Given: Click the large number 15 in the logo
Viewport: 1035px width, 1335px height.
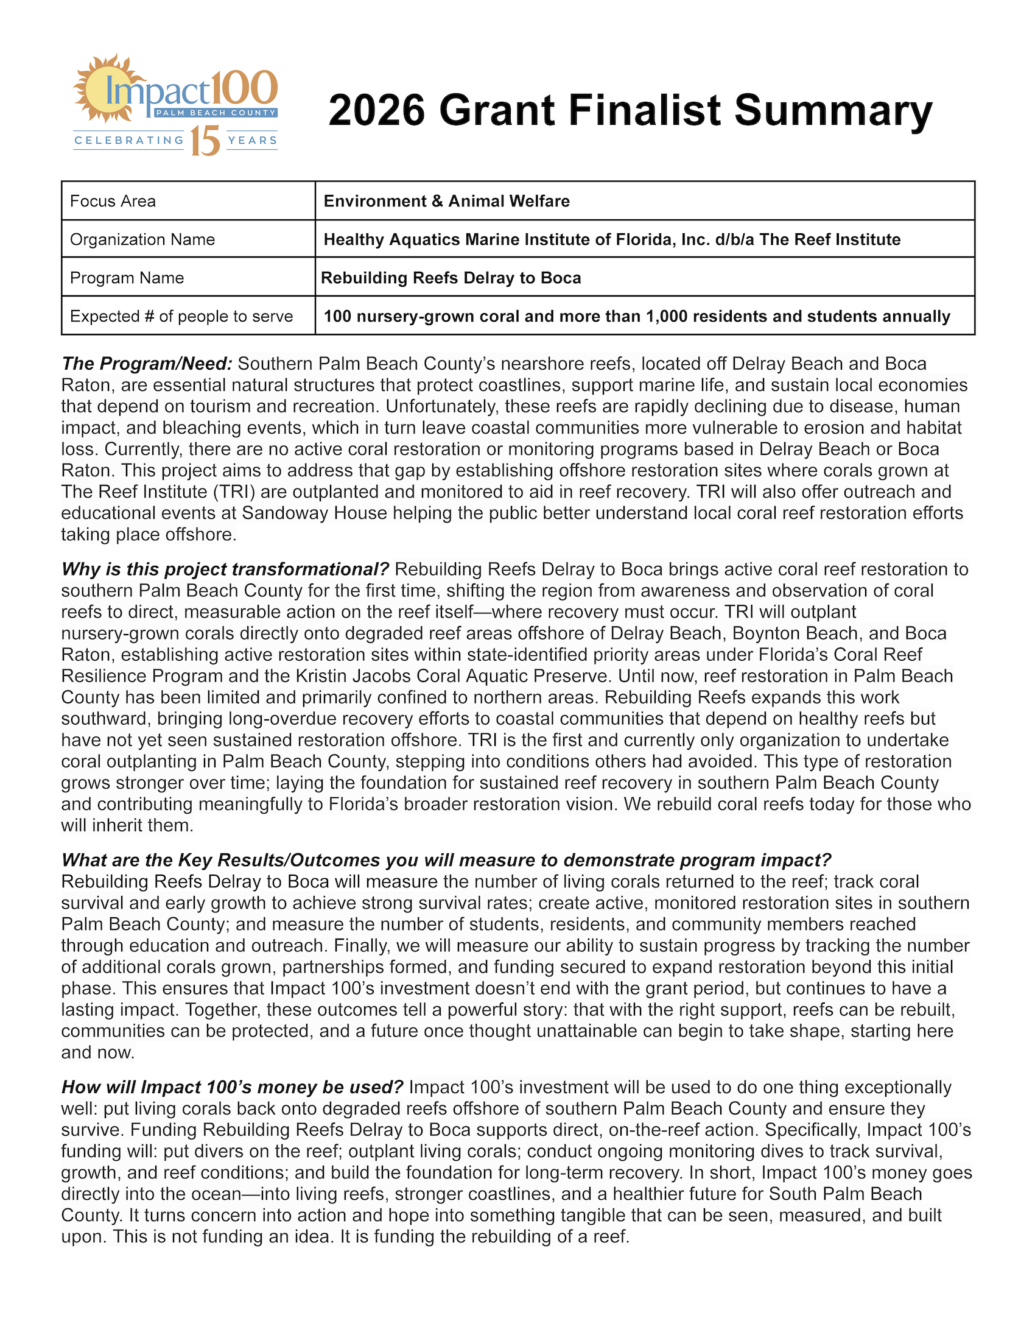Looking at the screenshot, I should click(x=205, y=141).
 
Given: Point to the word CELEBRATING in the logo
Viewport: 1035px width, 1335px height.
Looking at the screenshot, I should click(x=129, y=141).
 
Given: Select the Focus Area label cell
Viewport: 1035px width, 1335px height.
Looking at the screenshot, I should click(x=188, y=201).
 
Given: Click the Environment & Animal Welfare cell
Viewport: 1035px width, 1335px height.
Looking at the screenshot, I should click(x=644, y=201).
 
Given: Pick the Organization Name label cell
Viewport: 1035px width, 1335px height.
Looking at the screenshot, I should click(x=188, y=239).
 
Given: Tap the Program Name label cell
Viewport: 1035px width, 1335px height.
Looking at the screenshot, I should click(x=188, y=278).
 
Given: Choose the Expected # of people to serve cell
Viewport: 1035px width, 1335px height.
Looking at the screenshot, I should click(x=188, y=316).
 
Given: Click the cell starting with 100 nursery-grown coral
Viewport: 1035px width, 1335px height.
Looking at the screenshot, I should click(x=644, y=316).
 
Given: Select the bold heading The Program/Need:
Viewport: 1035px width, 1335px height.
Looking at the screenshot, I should click(x=147, y=364).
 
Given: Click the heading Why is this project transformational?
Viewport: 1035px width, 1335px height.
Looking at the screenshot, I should click(x=225, y=569).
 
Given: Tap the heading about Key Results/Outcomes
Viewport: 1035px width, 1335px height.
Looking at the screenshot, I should click(x=446, y=860).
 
